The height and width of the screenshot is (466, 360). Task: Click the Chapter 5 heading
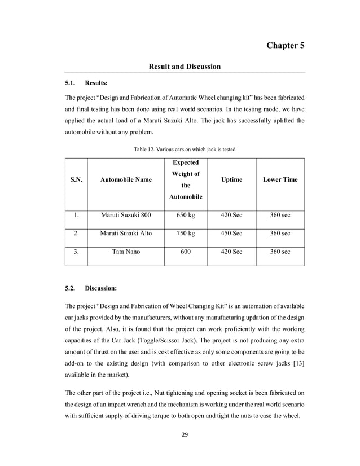[286, 45]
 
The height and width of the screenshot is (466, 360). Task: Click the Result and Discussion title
[184, 67]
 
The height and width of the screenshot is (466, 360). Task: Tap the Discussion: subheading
[100, 288]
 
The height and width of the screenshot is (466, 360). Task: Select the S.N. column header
[76, 179]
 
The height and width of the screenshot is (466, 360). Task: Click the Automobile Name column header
[126, 179]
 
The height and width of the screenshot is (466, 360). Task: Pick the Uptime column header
[231, 179]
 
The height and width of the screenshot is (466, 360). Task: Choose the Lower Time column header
[280, 179]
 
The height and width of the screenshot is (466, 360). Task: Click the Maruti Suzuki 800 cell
[126, 216]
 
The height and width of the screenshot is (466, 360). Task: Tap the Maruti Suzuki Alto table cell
[126, 234]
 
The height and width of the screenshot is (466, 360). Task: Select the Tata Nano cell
[126, 252]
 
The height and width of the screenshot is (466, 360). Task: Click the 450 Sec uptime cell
[231, 234]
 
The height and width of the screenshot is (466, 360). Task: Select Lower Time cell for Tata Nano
[280, 252]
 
